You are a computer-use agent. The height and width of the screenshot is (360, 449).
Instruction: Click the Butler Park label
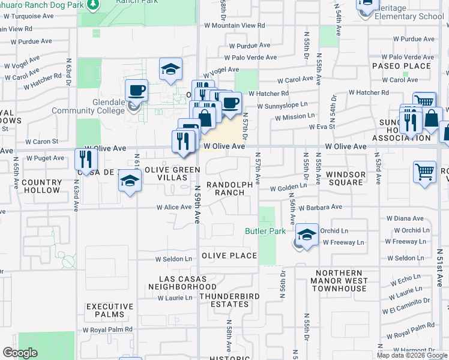(265, 231)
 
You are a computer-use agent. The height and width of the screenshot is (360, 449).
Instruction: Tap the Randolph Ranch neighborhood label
(226, 188)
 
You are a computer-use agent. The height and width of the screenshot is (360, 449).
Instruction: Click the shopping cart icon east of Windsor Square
(424, 172)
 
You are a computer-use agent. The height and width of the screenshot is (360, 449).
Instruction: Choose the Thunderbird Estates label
(224, 300)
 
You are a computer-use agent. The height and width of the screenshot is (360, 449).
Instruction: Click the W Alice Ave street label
(174, 208)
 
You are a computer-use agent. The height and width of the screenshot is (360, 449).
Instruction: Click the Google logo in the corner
(20, 353)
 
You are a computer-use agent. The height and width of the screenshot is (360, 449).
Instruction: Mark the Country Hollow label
(41, 186)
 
